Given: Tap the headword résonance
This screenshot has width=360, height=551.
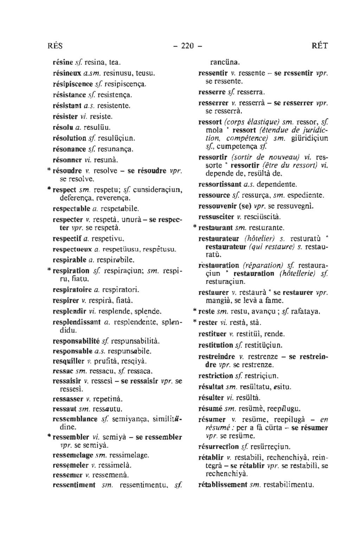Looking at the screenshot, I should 70,149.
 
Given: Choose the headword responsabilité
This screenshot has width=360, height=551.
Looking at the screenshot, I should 76,341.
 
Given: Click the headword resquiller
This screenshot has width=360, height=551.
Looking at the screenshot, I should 68,361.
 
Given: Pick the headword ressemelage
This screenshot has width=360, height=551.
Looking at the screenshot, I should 73,455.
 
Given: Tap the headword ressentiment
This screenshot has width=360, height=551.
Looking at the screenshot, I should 74,485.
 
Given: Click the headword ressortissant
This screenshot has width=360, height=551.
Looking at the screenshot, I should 220,184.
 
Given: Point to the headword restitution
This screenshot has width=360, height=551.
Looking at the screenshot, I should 216,345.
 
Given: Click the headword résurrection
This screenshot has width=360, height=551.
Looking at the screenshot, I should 219,447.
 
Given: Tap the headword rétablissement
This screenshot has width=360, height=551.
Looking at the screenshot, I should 223,484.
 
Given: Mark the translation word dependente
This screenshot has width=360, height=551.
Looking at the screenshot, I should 277,184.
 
